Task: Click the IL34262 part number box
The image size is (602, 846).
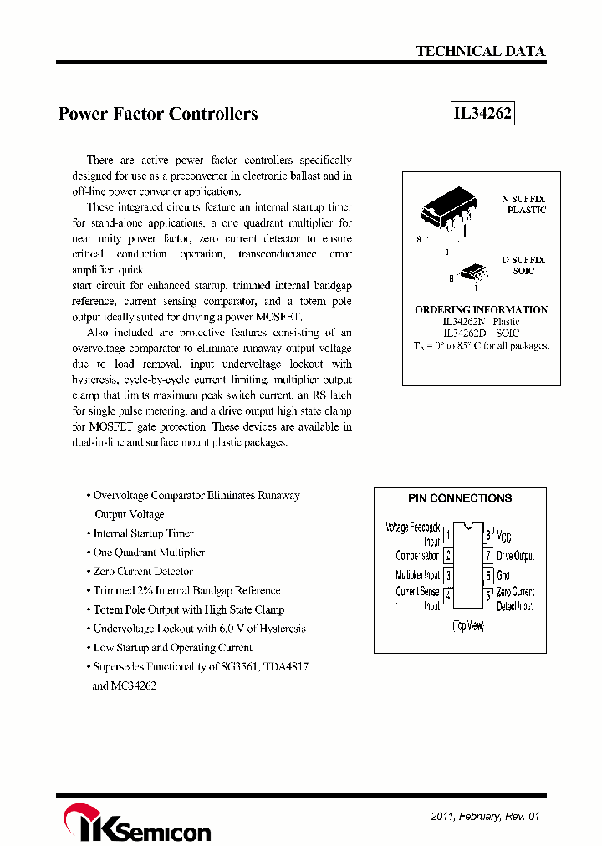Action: (482, 114)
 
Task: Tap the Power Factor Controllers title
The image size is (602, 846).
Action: (158, 114)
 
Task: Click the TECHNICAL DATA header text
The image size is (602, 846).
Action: (481, 51)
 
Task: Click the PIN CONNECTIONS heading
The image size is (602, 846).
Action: (460, 498)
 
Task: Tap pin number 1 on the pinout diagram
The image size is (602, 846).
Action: (448, 534)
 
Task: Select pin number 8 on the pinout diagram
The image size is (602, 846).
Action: (488, 534)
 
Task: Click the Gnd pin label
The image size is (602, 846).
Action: (503, 576)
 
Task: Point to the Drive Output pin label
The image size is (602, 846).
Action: (516, 556)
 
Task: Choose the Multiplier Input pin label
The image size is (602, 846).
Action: (417, 575)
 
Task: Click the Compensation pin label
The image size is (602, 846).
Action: (417, 556)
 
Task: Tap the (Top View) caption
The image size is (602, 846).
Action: (468, 626)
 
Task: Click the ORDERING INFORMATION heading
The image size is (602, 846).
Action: (482, 309)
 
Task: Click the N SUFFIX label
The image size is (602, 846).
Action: (523, 199)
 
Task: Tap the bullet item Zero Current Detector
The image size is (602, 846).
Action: (143, 572)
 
